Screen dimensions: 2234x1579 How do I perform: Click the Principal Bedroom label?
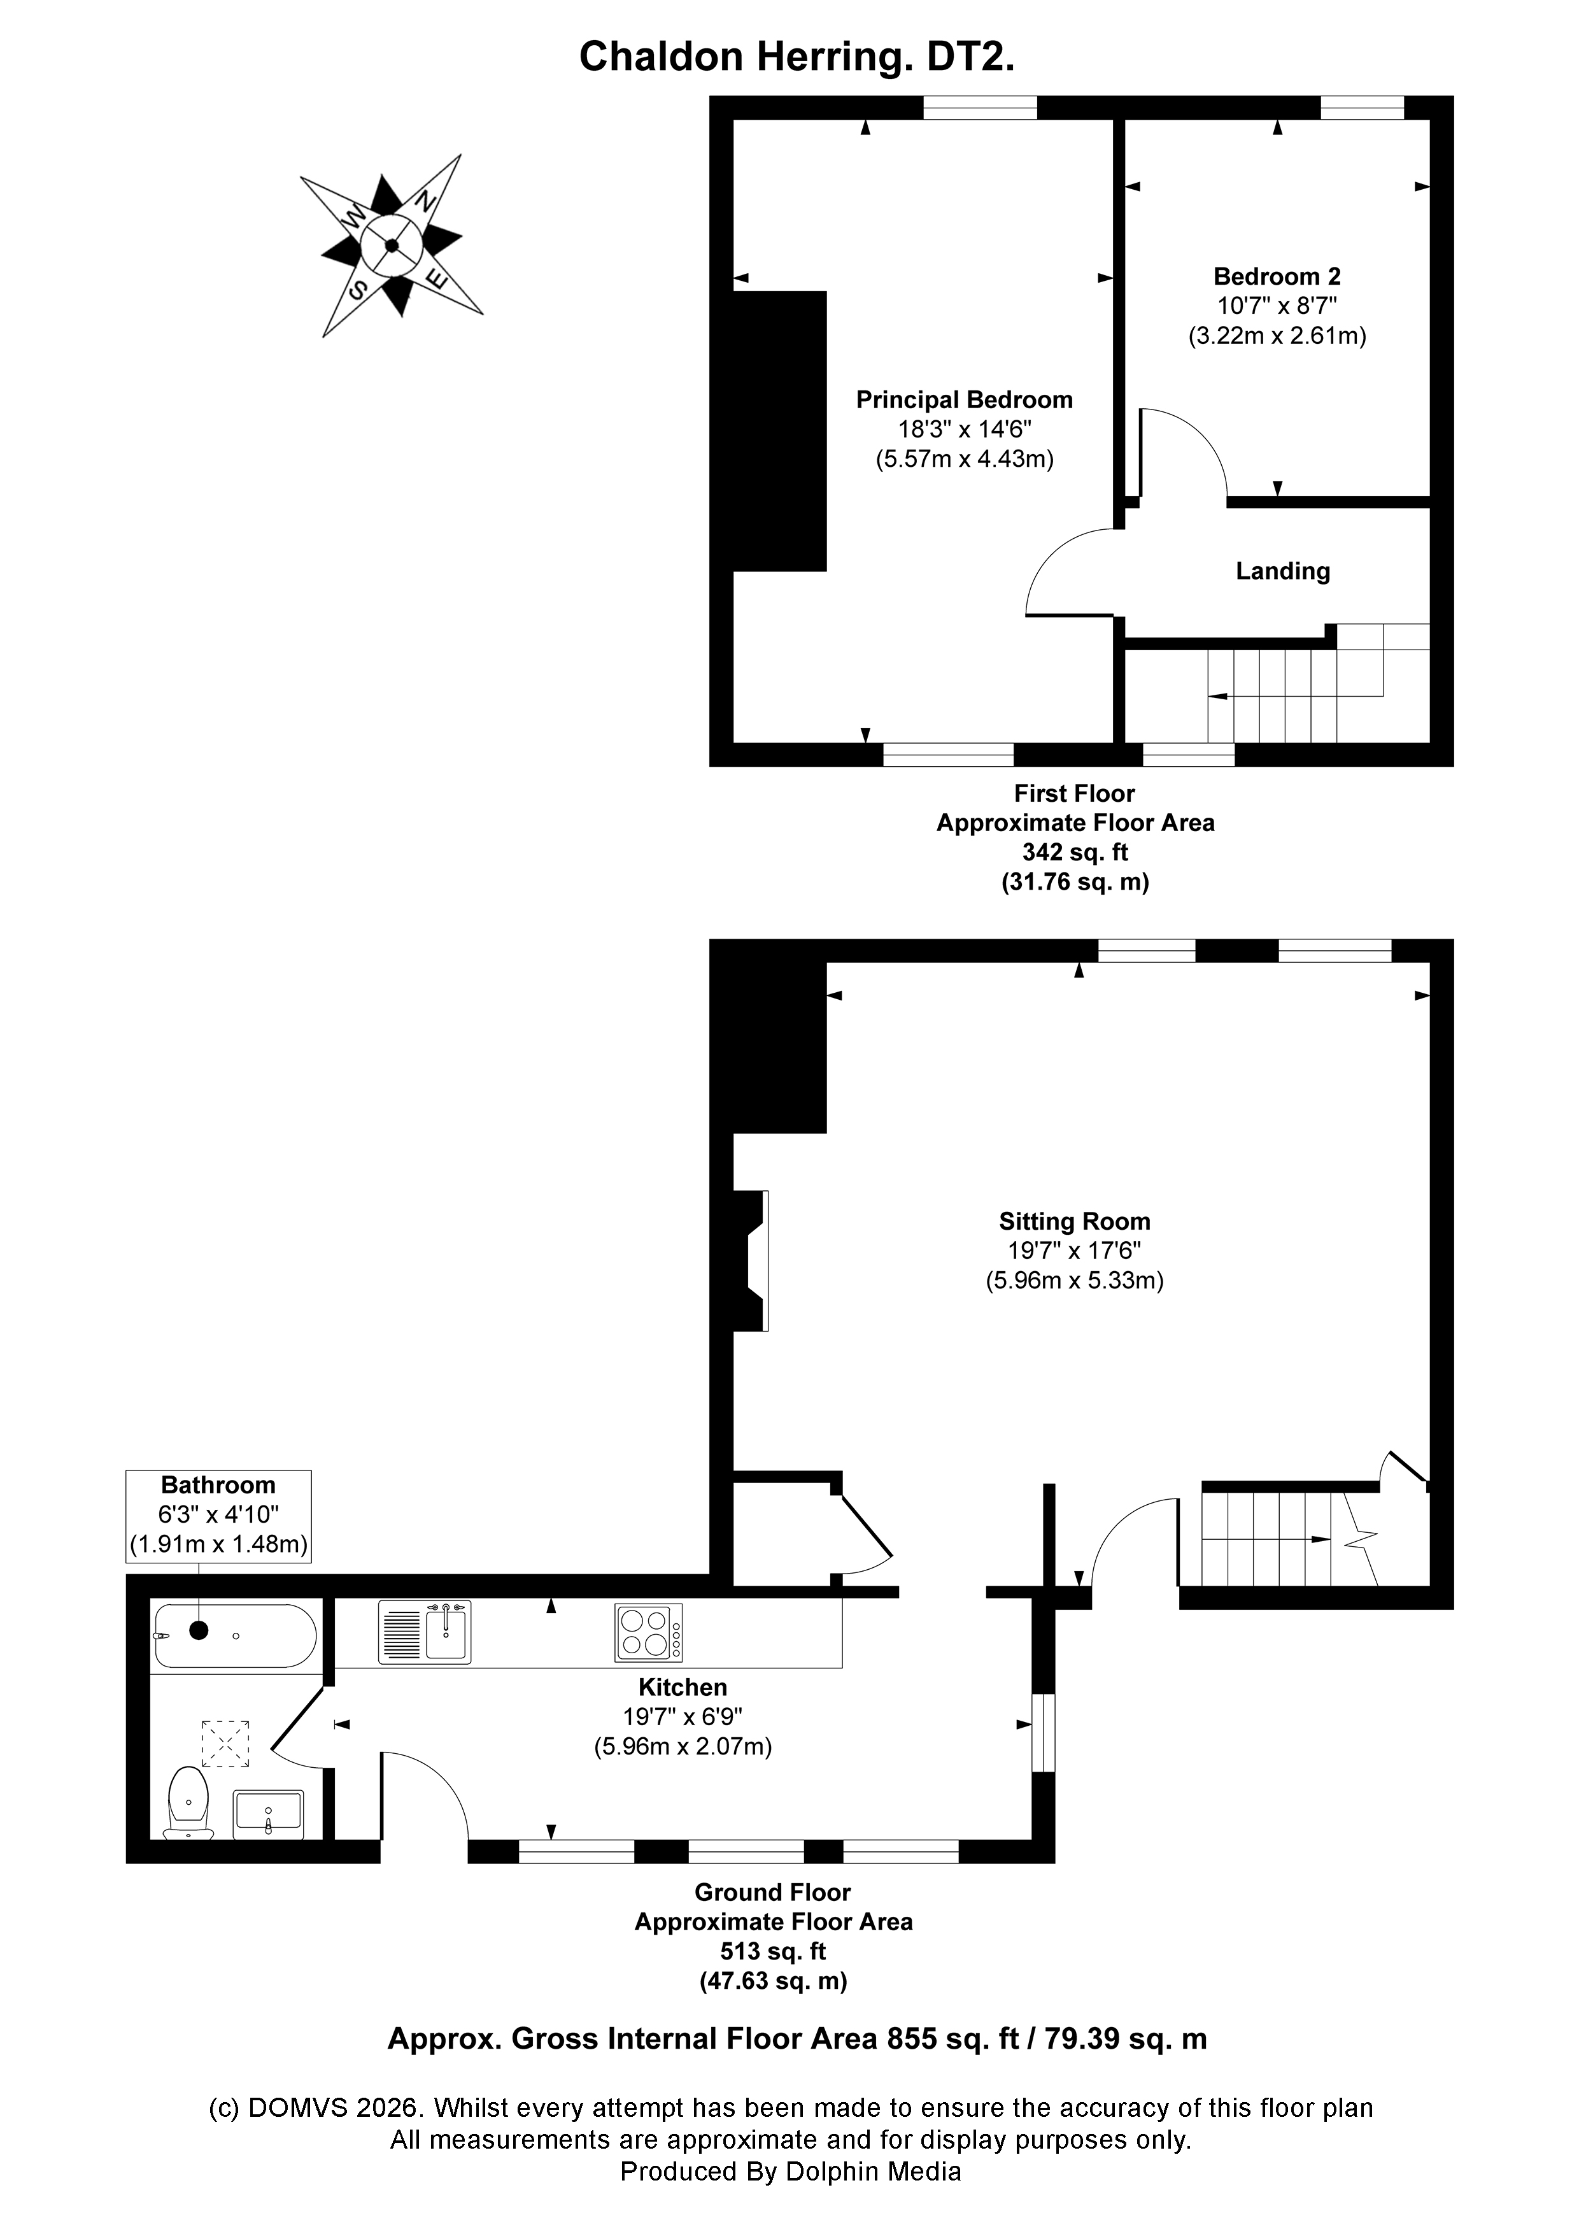click(963, 400)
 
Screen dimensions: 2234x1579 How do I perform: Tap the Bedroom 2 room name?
click(1277, 276)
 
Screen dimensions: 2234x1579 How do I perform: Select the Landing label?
click(1282, 571)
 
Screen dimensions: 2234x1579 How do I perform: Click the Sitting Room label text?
click(1074, 1221)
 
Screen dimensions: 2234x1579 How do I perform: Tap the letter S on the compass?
click(358, 289)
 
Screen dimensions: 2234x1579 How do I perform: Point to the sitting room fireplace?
click(751, 1261)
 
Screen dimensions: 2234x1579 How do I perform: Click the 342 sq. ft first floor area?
click(1075, 852)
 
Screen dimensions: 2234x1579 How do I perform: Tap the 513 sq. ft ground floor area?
click(772, 1951)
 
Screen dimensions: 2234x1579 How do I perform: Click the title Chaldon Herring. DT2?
click(797, 57)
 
